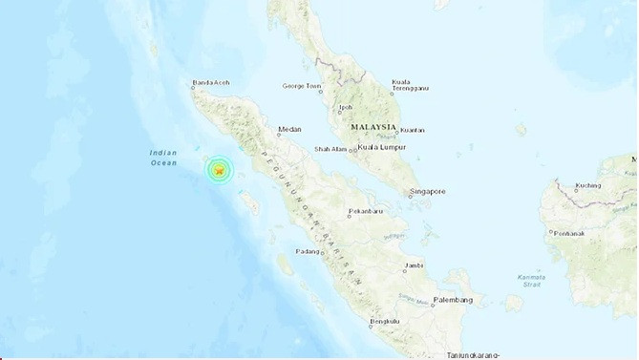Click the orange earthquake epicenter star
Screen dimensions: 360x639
(x=220, y=170)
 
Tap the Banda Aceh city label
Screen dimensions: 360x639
(x=210, y=82)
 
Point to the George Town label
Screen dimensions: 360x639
(x=302, y=86)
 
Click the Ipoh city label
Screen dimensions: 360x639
(x=346, y=107)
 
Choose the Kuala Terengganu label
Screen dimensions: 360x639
(x=410, y=85)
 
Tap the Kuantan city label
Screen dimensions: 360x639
(x=412, y=129)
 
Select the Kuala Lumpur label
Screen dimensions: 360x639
(x=383, y=148)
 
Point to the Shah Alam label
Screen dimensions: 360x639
(x=333, y=149)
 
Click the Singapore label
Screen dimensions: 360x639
(x=427, y=192)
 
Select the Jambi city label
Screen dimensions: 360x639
(x=414, y=265)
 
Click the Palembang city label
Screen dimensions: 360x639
(x=452, y=300)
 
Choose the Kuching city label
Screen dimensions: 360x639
(x=588, y=185)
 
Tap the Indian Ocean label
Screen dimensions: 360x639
(x=163, y=159)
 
